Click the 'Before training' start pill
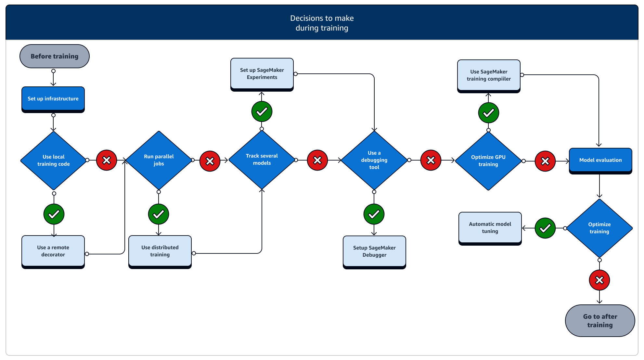pos(55,56)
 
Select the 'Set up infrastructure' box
pos(53,99)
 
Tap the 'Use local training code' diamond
pos(54,160)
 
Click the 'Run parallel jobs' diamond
pos(159,160)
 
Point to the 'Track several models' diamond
pos(262,160)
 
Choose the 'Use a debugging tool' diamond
pos(374,160)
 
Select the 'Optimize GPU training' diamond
pos(488,161)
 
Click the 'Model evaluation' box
pos(600,160)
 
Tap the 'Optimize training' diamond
pos(599,228)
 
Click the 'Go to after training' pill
pos(600,321)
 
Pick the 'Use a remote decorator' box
pos(53,251)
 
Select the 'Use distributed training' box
pos(160,251)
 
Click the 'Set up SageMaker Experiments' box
pos(262,74)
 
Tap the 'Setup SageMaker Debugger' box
pos(374,251)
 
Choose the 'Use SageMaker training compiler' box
pos(489,75)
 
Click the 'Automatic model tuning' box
pos(490,228)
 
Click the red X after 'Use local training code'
pos(107,160)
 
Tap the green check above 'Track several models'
pos(262,112)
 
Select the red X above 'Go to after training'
pos(599,280)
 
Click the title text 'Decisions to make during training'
pos(322,23)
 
